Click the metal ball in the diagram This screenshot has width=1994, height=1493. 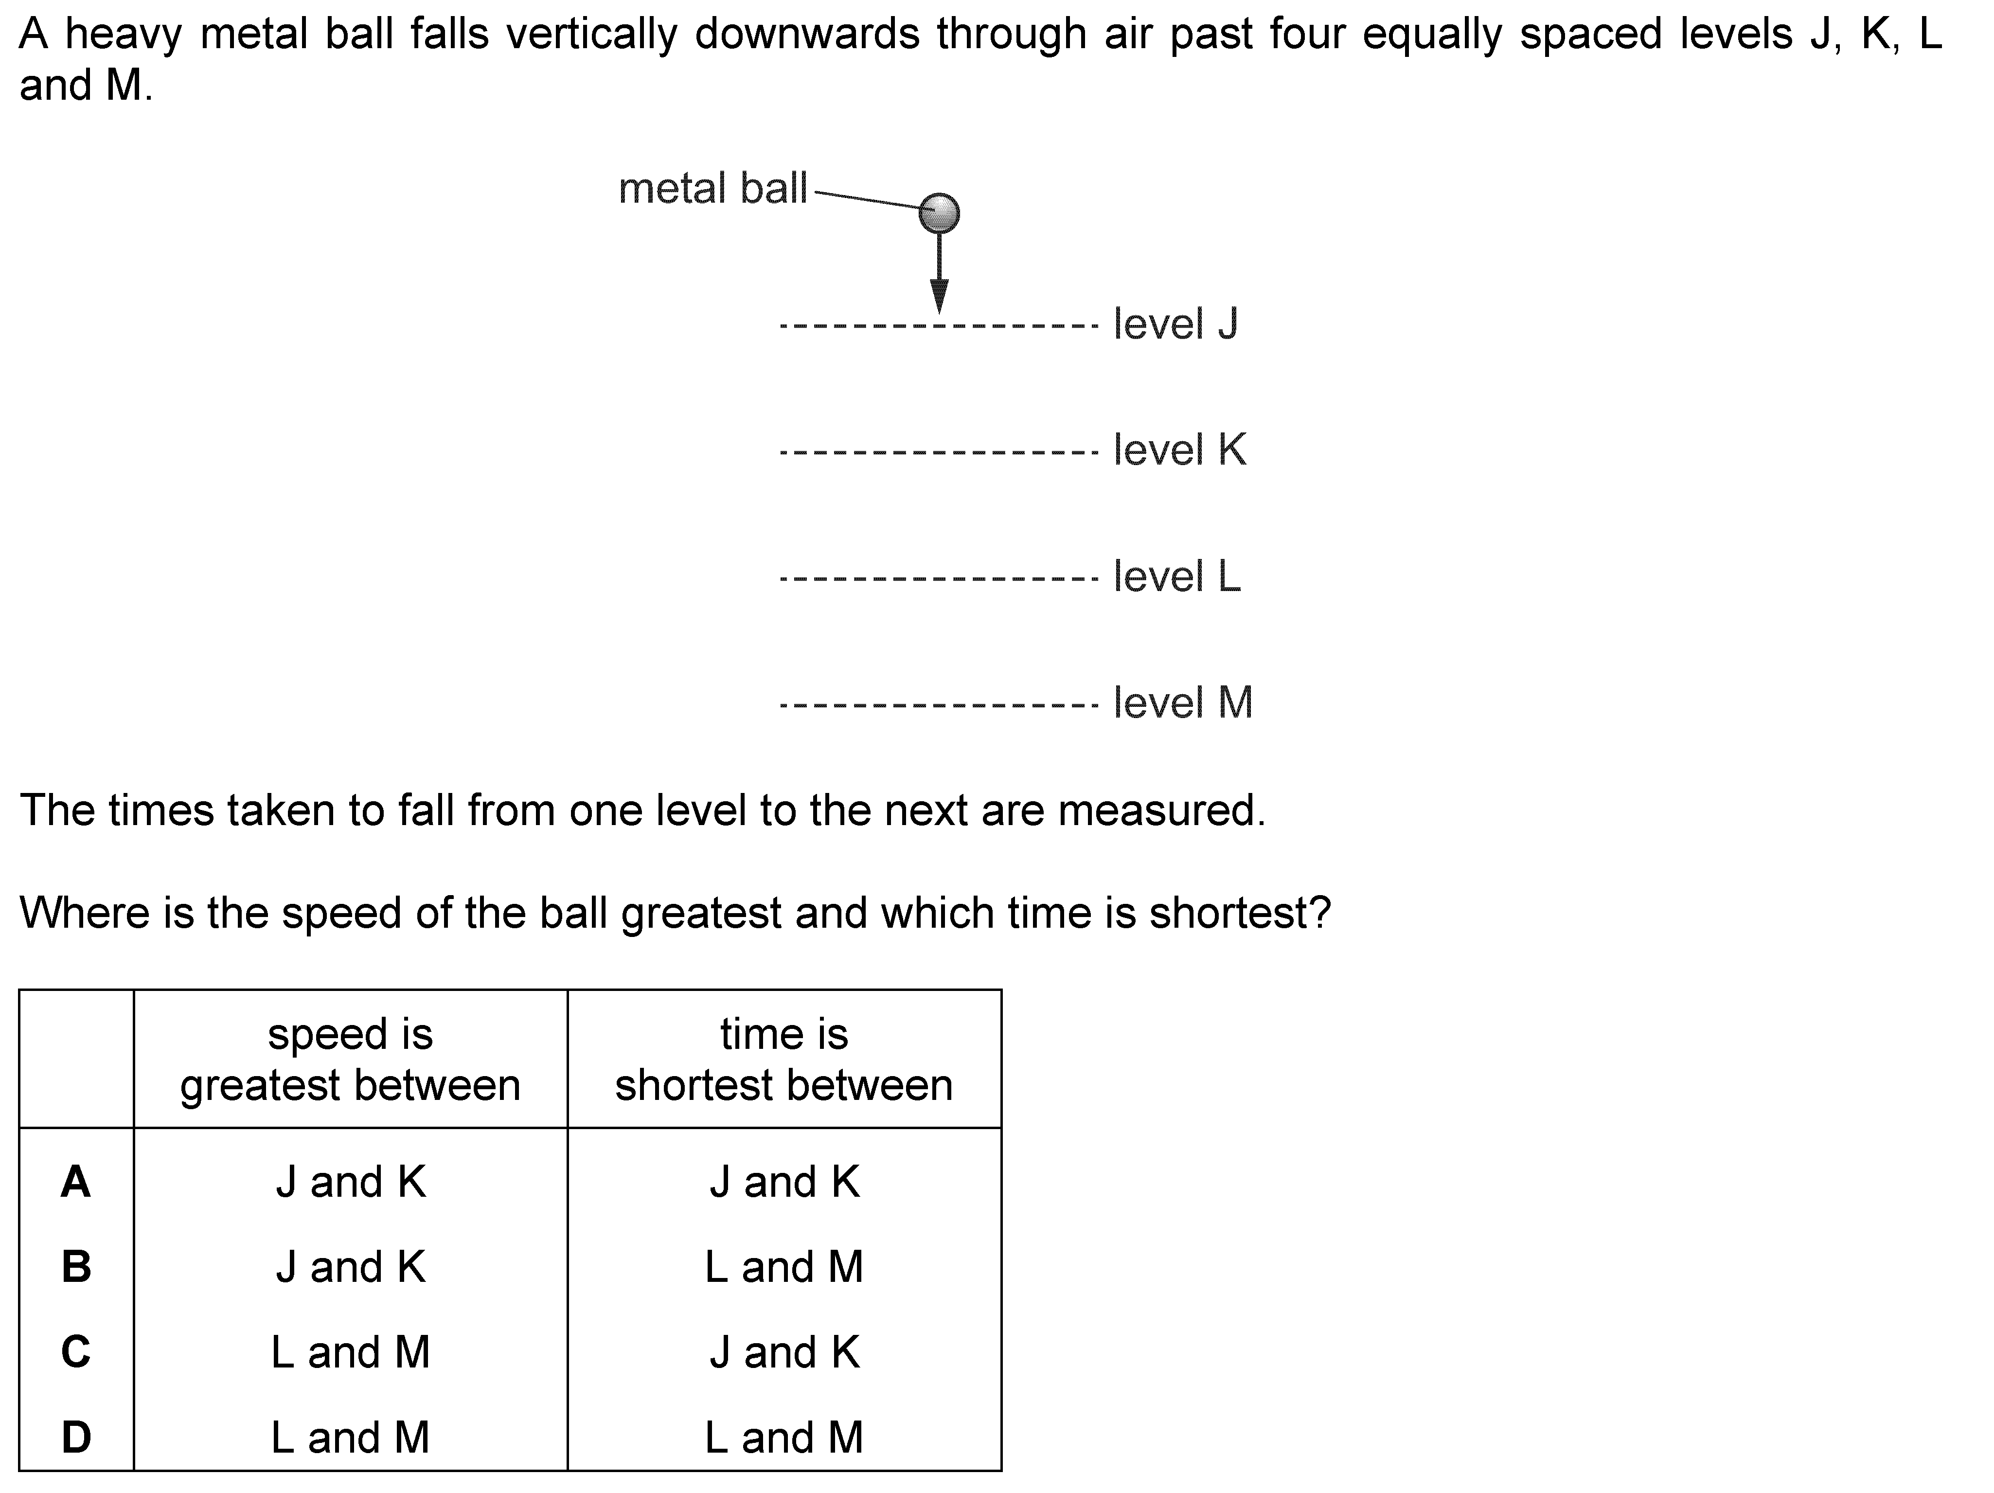pos(939,213)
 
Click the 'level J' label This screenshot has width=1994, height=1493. pos(1175,324)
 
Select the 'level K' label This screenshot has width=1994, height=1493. pos(1180,450)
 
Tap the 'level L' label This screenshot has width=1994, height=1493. pos(1177,576)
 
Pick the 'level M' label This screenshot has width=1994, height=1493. pos(1183,702)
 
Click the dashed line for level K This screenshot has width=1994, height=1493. pos(939,451)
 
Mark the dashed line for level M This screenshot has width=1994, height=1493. pos(939,704)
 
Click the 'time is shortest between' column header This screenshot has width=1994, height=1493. pos(784,1060)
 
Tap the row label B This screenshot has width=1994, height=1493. pos(76,1267)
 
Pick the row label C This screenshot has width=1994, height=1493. pos(76,1351)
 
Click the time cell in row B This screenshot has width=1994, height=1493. pos(784,1267)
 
